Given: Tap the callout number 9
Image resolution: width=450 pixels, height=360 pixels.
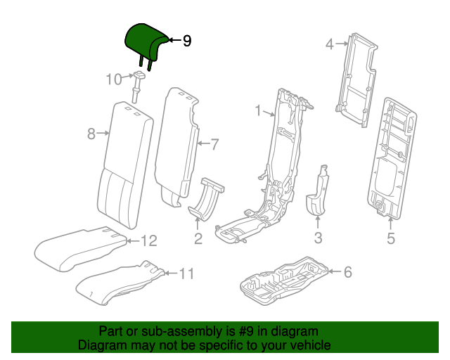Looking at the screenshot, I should tap(186, 41).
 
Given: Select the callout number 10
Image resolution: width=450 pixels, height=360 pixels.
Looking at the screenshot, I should tap(114, 79).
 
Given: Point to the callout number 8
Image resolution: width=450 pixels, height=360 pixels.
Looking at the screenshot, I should tap(91, 133).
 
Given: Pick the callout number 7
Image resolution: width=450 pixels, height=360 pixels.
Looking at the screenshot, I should tap(214, 145).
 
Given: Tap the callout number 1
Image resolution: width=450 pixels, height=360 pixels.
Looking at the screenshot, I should tap(258, 111).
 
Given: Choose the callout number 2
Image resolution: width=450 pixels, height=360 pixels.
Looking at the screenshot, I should tap(198, 239).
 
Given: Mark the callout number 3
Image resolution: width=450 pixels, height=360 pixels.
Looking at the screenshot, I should tap(318, 238).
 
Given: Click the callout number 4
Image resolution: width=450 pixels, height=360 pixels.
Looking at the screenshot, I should tap(329, 45).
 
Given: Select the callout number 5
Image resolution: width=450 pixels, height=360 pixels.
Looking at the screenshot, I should tap(391, 239).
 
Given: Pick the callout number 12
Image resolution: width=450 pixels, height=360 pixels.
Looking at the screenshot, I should tap(148, 241).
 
